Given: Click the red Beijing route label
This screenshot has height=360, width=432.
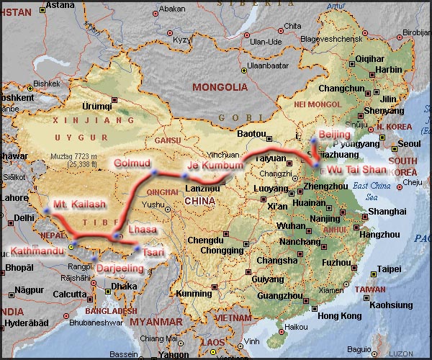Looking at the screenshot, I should [x=334, y=135].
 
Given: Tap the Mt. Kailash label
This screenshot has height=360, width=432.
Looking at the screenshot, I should [x=76, y=203].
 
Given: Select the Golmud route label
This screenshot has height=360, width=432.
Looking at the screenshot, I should [x=130, y=163].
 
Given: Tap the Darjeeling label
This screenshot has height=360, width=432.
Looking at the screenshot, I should [x=120, y=268].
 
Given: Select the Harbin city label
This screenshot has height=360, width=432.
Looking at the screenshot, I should [x=389, y=70].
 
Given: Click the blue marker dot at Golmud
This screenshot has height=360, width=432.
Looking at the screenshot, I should [x=154, y=172].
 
